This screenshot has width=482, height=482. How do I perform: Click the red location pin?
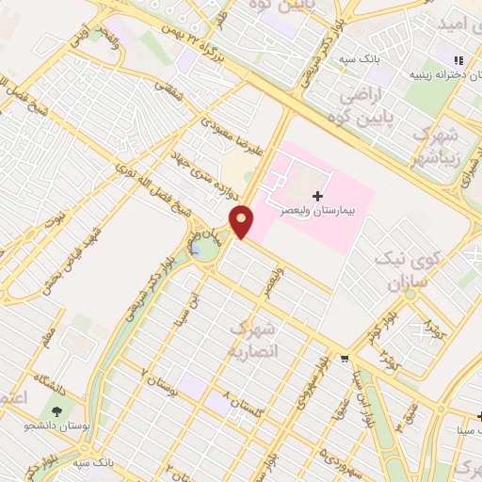coord(242,220)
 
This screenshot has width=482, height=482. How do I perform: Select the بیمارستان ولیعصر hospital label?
coord(317,212)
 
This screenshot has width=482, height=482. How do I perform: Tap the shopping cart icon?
coord(345,358)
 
